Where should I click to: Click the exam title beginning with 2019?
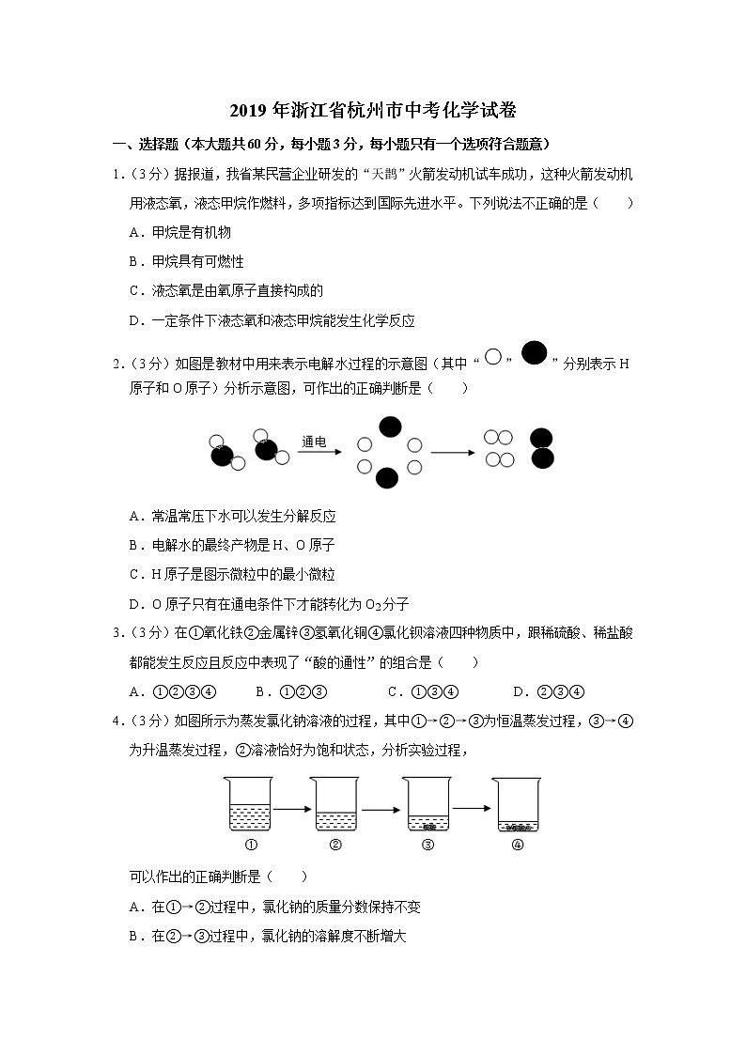[373, 111]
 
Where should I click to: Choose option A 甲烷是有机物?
[179, 231]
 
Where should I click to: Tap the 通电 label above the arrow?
[315, 441]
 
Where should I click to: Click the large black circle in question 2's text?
[534, 353]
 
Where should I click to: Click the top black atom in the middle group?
[389, 427]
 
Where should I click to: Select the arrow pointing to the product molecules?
[454, 453]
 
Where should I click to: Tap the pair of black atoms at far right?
[542, 448]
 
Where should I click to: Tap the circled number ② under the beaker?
[335, 844]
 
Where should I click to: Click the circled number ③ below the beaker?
[427, 844]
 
